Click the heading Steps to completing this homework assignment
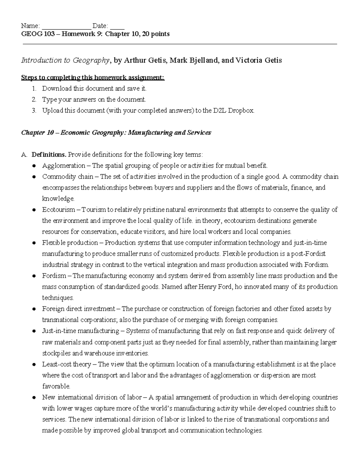[x=93, y=78]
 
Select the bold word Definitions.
[x=49, y=155]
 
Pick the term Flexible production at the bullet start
[x=70, y=243]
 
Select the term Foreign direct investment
[x=78, y=309]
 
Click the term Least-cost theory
[x=66, y=364]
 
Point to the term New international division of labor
[x=92, y=397]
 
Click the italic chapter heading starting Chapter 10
[x=116, y=133]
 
